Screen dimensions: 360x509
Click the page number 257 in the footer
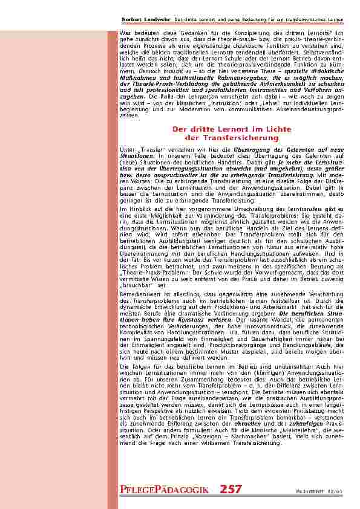[231, 489]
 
